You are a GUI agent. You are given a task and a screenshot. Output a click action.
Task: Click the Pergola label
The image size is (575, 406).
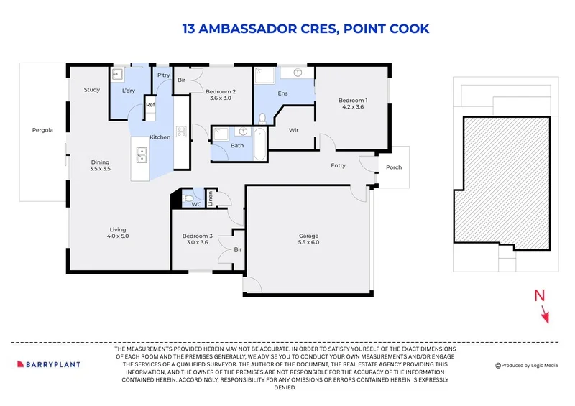pos(42,130)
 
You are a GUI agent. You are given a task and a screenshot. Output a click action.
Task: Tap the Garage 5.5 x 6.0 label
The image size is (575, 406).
pos(309,239)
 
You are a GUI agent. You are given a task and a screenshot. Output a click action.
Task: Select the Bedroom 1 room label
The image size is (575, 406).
pos(353,103)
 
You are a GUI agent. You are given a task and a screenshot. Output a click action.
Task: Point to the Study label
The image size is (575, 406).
pos(92,90)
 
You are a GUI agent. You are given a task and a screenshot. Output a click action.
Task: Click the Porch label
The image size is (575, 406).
pos(394,167)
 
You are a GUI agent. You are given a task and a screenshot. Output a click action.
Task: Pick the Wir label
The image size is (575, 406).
pos(293,130)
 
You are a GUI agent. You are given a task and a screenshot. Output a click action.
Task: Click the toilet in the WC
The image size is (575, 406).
pos(188,198)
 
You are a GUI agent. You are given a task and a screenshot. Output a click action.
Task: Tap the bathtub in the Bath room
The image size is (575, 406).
pos(259,144)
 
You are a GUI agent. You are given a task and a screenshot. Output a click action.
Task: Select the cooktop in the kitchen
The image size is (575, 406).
pos(182,132)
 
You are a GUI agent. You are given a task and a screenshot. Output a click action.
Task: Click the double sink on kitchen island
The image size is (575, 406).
pos(142,154)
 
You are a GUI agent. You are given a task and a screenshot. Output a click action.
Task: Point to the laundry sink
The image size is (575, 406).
pos(118,75)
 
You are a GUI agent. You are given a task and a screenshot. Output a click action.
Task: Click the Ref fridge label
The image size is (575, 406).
pos(150,105)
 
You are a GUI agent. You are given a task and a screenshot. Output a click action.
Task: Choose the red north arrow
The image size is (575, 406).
pos(546,316)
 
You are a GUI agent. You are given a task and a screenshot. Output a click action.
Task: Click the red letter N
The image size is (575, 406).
pos(539,295)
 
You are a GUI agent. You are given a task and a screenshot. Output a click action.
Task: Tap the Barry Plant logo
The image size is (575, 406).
pos(49,364)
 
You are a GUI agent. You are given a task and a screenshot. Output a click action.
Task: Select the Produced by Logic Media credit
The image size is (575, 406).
pos(527,365)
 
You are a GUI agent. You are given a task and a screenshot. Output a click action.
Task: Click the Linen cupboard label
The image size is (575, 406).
pos(211,198)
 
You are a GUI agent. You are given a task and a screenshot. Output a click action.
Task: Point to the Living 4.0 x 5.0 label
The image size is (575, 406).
pos(118,233)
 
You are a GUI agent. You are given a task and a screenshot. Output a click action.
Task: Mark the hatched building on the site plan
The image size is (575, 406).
pos(502,183)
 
